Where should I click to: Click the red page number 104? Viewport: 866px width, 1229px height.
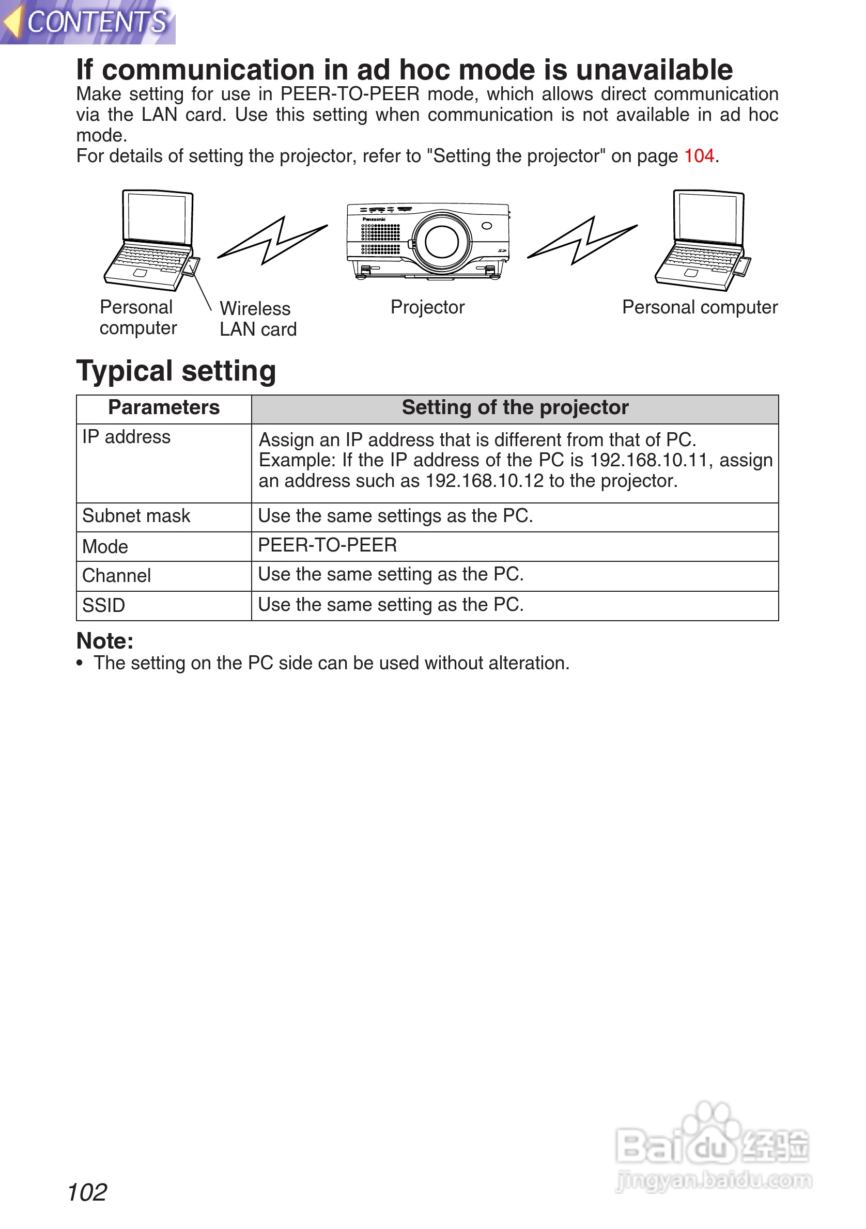[699, 156]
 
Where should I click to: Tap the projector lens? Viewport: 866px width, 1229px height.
[442, 242]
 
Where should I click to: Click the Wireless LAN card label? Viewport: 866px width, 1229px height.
[258, 319]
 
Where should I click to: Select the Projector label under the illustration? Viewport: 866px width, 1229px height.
[427, 307]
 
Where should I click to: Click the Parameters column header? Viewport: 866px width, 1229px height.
[164, 408]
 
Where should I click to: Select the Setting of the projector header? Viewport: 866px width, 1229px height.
[515, 408]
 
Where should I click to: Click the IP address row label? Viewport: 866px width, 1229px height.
[127, 437]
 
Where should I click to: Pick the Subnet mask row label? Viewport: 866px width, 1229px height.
[136, 516]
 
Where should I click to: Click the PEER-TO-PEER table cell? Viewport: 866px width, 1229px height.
[327, 545]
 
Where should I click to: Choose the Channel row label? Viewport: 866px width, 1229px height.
[117, 576]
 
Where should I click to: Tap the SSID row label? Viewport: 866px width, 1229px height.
[104, 606]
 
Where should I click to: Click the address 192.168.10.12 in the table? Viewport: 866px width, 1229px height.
[484, 481]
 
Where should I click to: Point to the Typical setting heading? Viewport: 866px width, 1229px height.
[176, 371]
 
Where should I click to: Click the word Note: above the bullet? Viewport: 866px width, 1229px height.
[105, 641]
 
